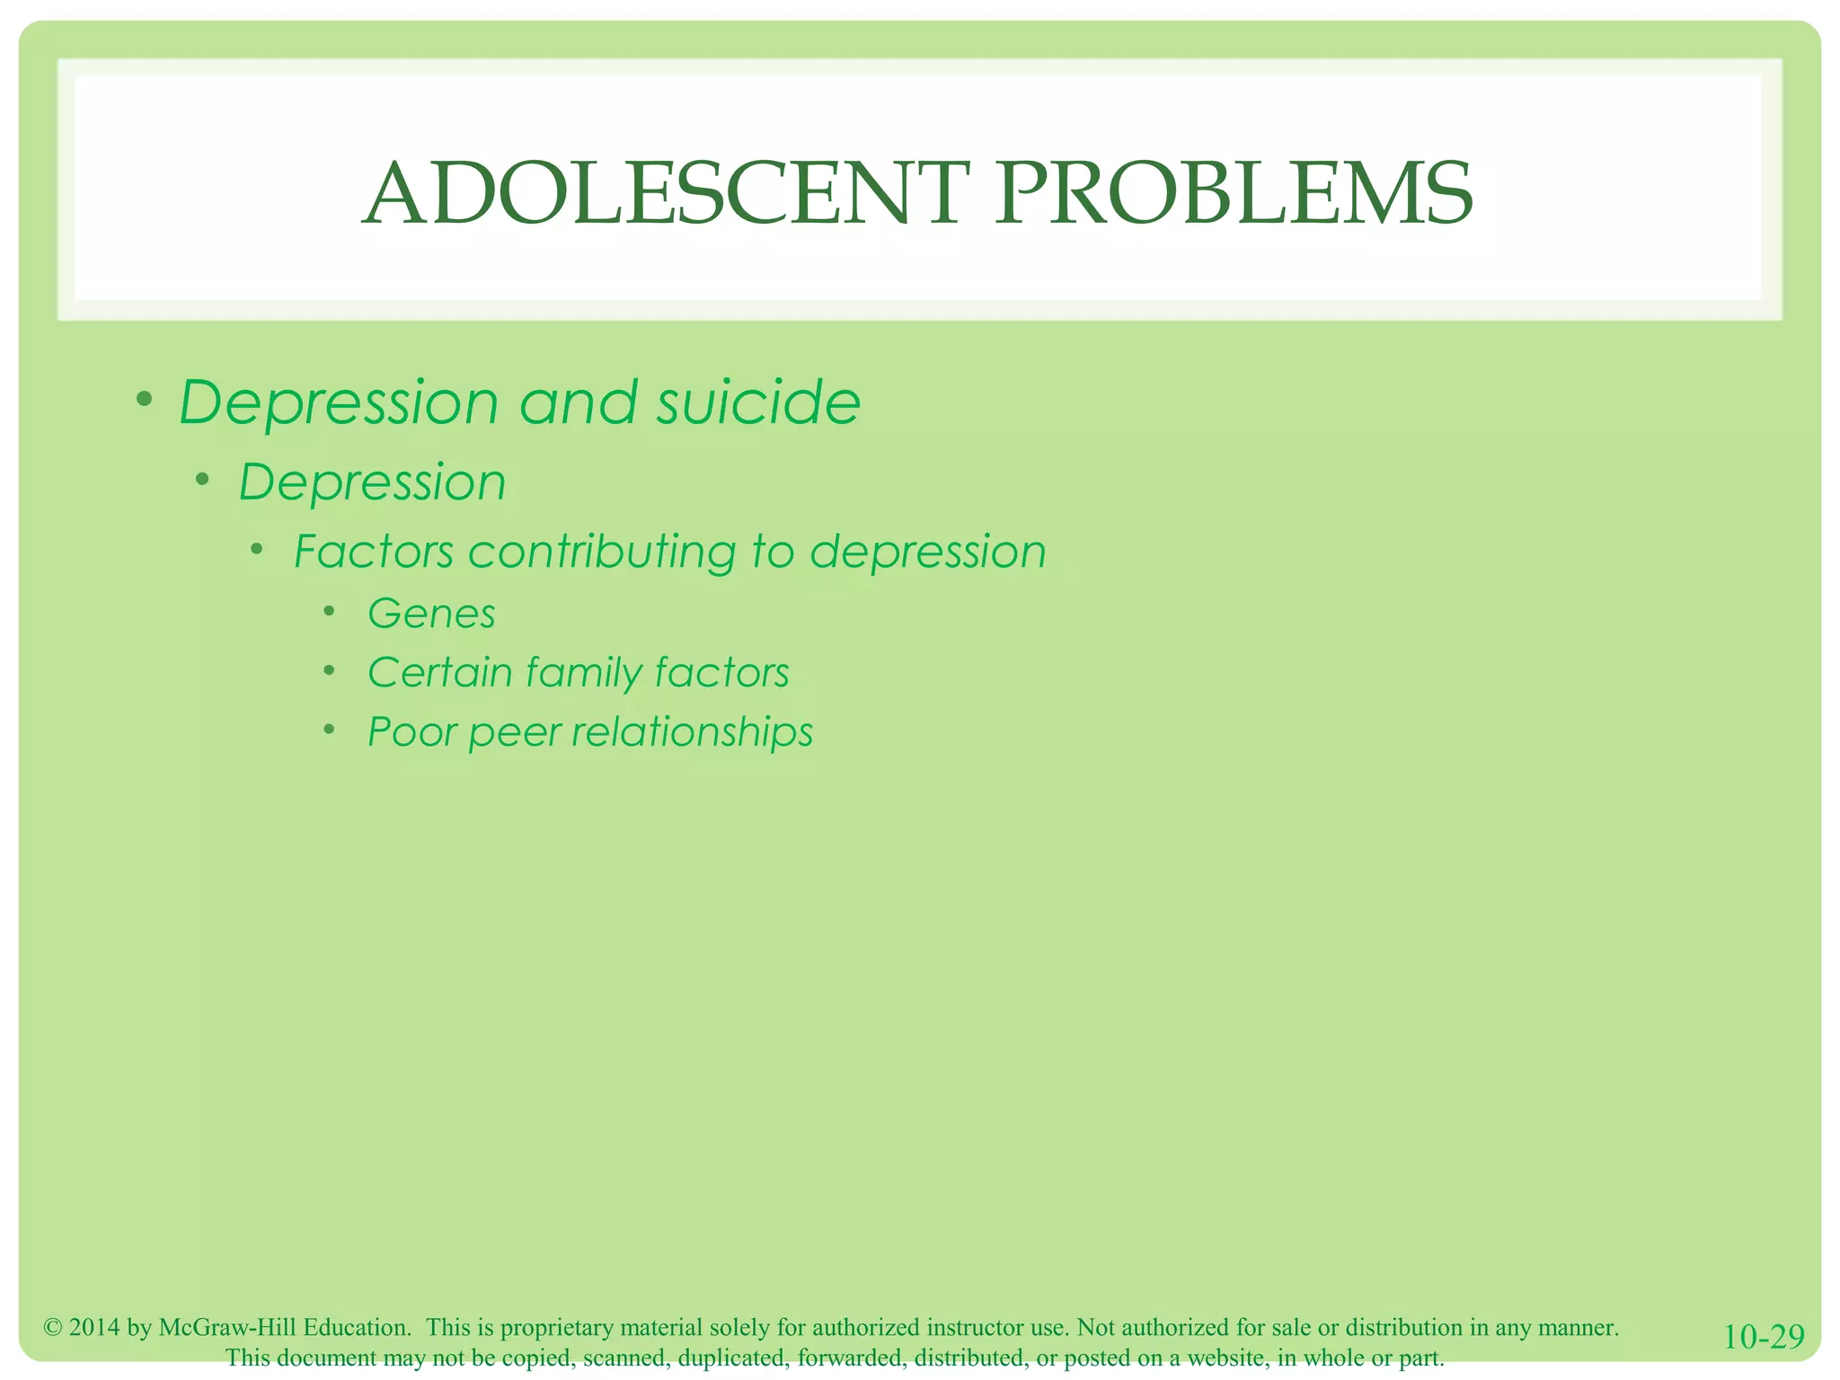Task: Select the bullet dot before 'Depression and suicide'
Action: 144,398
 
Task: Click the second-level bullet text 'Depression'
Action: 372,482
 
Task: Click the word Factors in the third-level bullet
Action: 374,552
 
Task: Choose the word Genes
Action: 431,615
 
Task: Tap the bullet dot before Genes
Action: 330,613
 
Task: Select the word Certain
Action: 440,673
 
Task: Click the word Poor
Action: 412,731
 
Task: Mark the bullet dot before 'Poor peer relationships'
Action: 330,729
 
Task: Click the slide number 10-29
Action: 1764,1337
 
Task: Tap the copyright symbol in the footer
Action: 53,1328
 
